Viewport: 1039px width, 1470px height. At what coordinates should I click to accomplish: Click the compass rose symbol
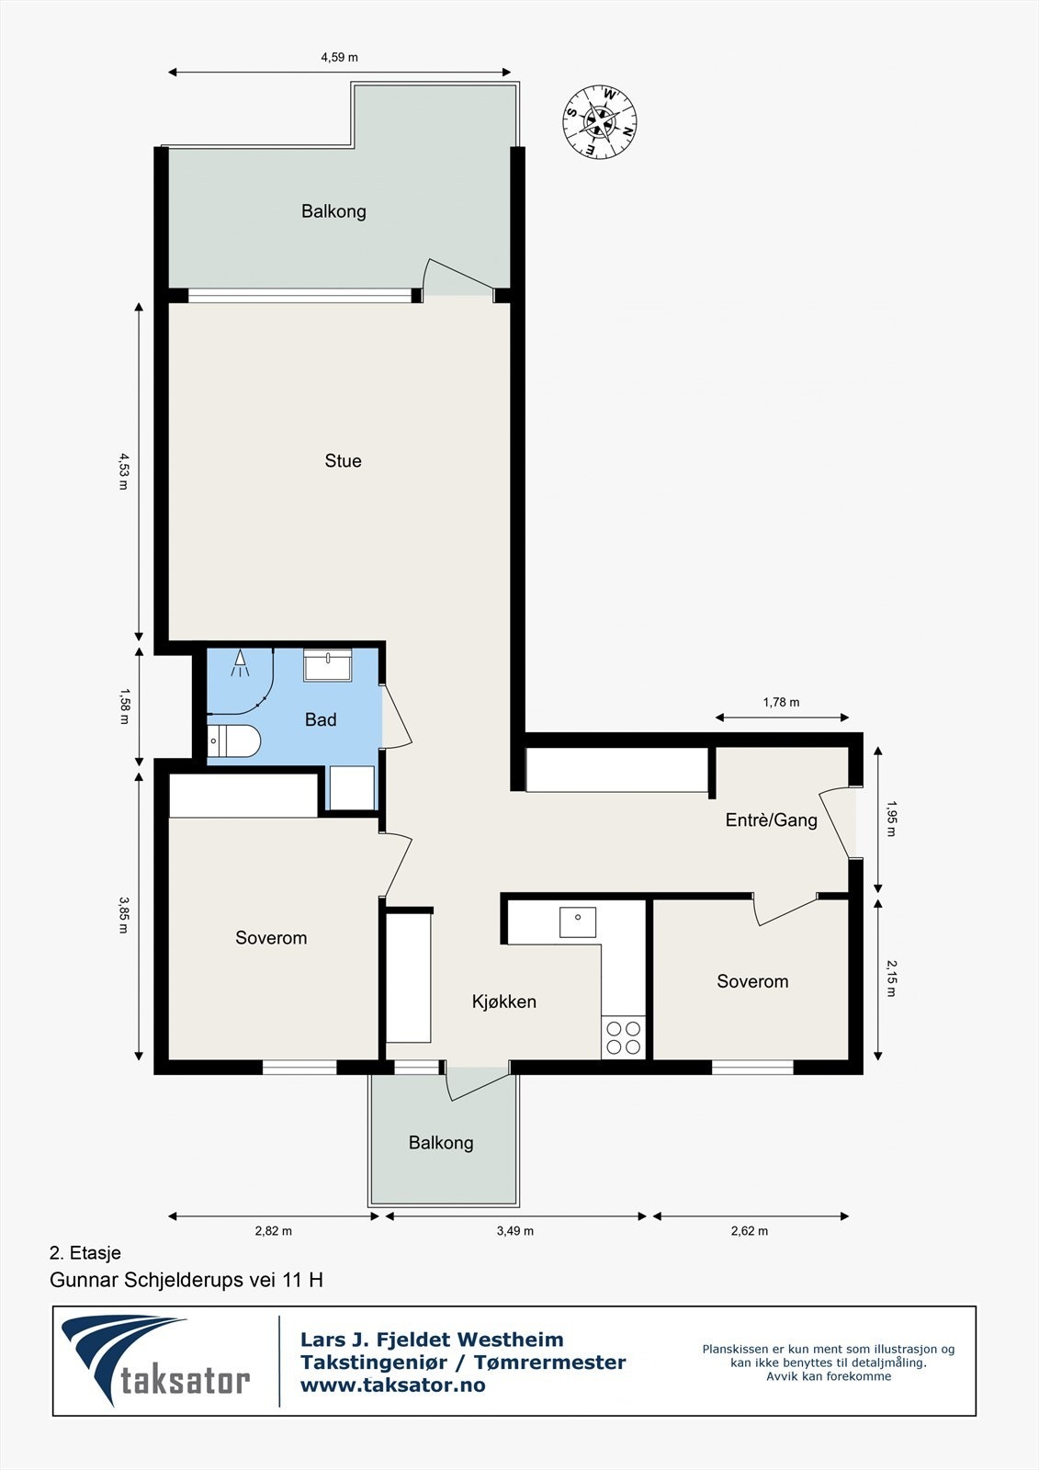tap(599, 121)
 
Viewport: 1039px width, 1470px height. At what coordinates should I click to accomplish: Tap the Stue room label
tap(344, 460)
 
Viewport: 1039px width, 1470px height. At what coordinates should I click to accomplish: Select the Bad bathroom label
tap(321, 720)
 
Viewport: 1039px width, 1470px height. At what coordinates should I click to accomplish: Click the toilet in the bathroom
tap(233, 741)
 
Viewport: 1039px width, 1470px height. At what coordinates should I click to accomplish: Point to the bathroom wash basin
tap(328, 665)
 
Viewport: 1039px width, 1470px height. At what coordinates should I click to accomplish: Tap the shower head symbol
tap(240, 662)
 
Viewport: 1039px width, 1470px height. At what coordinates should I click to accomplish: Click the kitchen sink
tap(578, 922)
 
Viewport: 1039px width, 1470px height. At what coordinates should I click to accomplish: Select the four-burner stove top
tap(624, 1037)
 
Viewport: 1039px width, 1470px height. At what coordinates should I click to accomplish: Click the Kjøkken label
tap(504, 1001)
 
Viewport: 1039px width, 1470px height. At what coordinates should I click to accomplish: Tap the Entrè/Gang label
tap(771, 820)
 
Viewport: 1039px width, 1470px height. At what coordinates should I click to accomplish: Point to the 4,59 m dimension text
tap(339, 57)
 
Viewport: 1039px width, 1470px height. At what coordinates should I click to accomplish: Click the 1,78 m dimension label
tap(781, 702)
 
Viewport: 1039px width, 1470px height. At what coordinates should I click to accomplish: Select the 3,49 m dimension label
tap(515, 1231)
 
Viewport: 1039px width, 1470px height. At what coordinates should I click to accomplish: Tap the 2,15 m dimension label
tap(891, 978)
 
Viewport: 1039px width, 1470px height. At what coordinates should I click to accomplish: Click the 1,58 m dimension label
tap(124, 706)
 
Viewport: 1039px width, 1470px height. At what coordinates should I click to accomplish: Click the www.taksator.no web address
tap(393, 1385)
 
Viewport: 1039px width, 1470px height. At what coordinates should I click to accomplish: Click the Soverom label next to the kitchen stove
tap(752, 981)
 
